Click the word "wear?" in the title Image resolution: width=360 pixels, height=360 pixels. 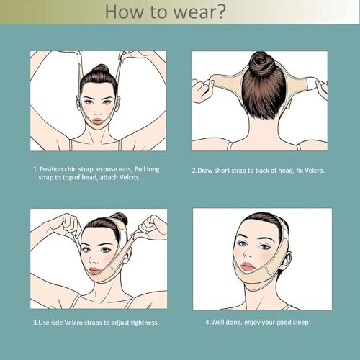tap(199, 12)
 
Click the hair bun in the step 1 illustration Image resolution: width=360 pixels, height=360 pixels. tap(101, 69)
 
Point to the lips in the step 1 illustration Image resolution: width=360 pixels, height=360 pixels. tap(97, 121)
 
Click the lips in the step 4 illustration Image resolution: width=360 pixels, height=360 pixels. tap(248, 266)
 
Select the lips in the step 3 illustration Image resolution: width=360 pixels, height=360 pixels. tap(94, 271)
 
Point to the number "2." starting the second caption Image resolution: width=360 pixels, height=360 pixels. tap(194, 171)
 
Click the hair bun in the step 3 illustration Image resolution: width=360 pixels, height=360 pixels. tap(120, 218)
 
